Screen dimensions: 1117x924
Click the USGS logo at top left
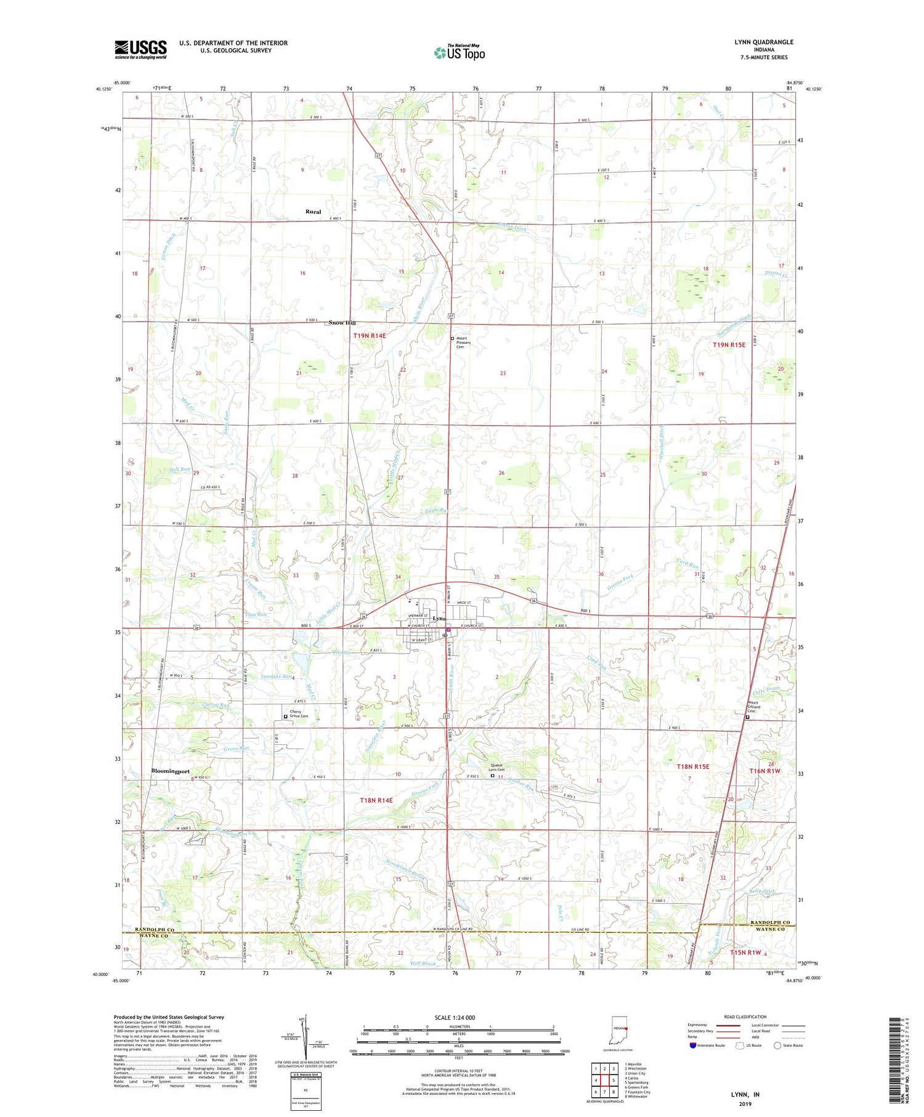coord(140,49)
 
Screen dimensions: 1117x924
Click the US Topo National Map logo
coord(459,52)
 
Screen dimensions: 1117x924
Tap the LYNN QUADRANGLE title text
coord(763,42)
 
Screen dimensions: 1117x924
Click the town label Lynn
coord(439,619)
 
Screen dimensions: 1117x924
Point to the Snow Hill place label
coord(342,323)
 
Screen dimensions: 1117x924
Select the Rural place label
coord(313,211)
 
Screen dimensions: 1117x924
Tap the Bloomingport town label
coord(171,771)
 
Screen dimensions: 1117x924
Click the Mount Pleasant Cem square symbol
coord(452,338)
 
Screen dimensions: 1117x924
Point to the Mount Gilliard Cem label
coord(755,707)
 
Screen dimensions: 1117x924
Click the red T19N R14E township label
coord(369,336)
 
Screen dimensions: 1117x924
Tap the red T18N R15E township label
coord(693,766)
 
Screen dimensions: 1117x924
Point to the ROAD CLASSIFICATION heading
coord(745,1017)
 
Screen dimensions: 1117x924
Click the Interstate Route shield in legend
coord(692,1046)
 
